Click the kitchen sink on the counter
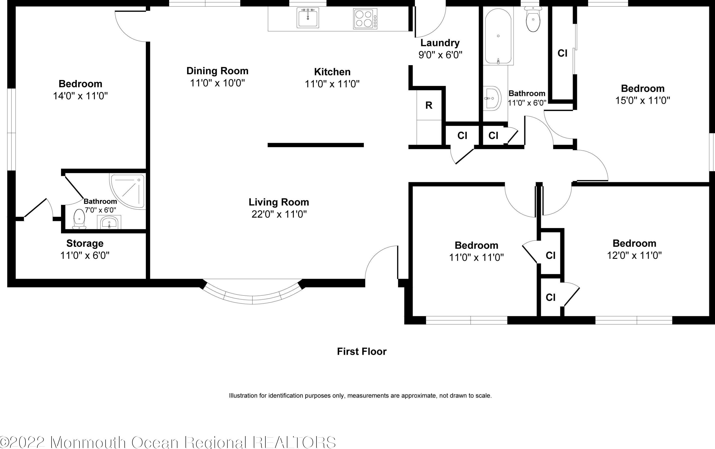pos(308,18)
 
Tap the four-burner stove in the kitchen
pos(365,18)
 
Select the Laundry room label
pos(440,43)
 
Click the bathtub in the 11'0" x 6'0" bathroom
pos(498,36)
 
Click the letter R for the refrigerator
pos(428,105)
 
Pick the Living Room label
pos(279,202)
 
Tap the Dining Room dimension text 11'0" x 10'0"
pos(217,83)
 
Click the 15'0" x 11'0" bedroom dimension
pos(643,100)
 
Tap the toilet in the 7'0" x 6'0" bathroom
pos(79,219)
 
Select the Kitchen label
pos(332,72)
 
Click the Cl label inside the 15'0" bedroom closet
pos(562,53)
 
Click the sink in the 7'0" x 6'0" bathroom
pos(109,222)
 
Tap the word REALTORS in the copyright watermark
pos(295,442)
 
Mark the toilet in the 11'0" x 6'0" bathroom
pos(533,19)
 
